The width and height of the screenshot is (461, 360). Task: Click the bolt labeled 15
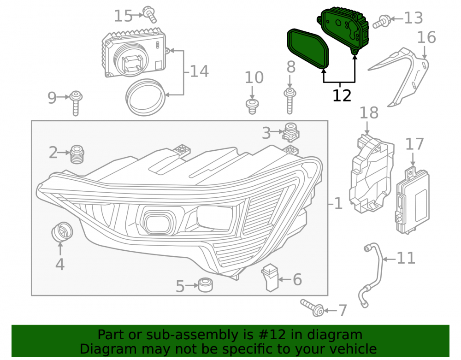click(x=150, y=14)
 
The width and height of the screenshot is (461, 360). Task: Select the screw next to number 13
click(x=381, y=22)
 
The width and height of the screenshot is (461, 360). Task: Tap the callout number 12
click(x=342, y=96)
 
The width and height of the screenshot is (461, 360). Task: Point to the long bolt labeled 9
click(x=76, y=103)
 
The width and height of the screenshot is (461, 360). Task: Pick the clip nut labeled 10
click(x=252, y=106)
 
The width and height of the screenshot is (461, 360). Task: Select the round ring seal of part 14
click(x=145, y=97)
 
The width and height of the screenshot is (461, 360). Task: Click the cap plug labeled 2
click(x=77, y=154)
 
